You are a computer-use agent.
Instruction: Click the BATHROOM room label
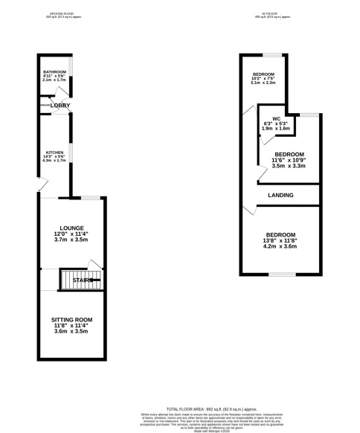[55, 71]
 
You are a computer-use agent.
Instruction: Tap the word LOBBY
[60, 106]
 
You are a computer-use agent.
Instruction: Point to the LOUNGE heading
[72, 228]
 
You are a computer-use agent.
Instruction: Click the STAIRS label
[83, 280]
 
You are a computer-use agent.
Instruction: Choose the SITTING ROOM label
[71, 319]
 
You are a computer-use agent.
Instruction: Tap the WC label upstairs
[276, 118]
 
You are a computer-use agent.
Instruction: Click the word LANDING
[280, 196]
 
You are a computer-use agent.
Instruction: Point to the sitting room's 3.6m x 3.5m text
[71, 331]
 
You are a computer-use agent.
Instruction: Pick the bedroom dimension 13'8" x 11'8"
[280, 240]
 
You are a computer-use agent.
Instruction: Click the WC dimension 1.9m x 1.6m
[276, 129]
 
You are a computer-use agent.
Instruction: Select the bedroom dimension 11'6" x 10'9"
[289, 161]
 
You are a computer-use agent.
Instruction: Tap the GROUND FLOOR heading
[62, 13]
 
